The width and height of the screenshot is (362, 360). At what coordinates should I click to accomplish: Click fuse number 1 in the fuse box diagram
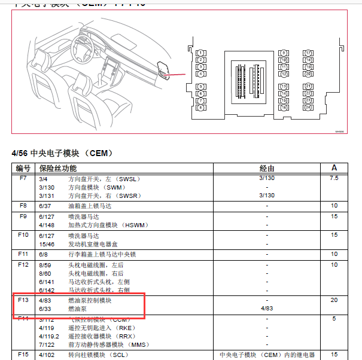click(x=202, y=53)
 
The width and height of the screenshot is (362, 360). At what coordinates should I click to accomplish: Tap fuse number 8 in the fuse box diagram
click(x=202, y=108)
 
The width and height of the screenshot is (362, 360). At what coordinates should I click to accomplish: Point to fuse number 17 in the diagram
click(x=308, y=53)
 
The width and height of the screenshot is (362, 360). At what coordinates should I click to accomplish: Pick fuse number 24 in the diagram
click(x=308, y=108)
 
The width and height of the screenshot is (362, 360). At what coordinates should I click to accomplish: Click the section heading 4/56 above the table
click(x=63, y=154)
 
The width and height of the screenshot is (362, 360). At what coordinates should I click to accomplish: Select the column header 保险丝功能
click(x=58, y=169)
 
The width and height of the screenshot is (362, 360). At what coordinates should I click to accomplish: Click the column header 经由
click(x=267, y=169)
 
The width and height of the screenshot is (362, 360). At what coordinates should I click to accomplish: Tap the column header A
click(x=334, y=169)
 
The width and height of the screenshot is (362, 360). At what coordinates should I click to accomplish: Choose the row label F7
click(x=23, y=179)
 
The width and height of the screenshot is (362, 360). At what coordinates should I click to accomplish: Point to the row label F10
click(x=23, y=235)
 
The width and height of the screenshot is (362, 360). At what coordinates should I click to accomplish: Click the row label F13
click(x=23, y=300)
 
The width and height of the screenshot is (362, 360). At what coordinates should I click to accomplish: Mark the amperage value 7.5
click(x=334, y=179)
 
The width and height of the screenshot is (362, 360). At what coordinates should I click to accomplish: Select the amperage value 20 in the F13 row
click(x=334, y=300)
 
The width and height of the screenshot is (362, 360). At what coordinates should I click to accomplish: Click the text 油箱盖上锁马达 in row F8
click(x=90, y=206)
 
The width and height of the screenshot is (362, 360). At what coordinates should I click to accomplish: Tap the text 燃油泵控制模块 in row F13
click(x=90, y=300)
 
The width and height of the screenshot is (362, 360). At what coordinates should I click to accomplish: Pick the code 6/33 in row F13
click(x=46, y=309)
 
